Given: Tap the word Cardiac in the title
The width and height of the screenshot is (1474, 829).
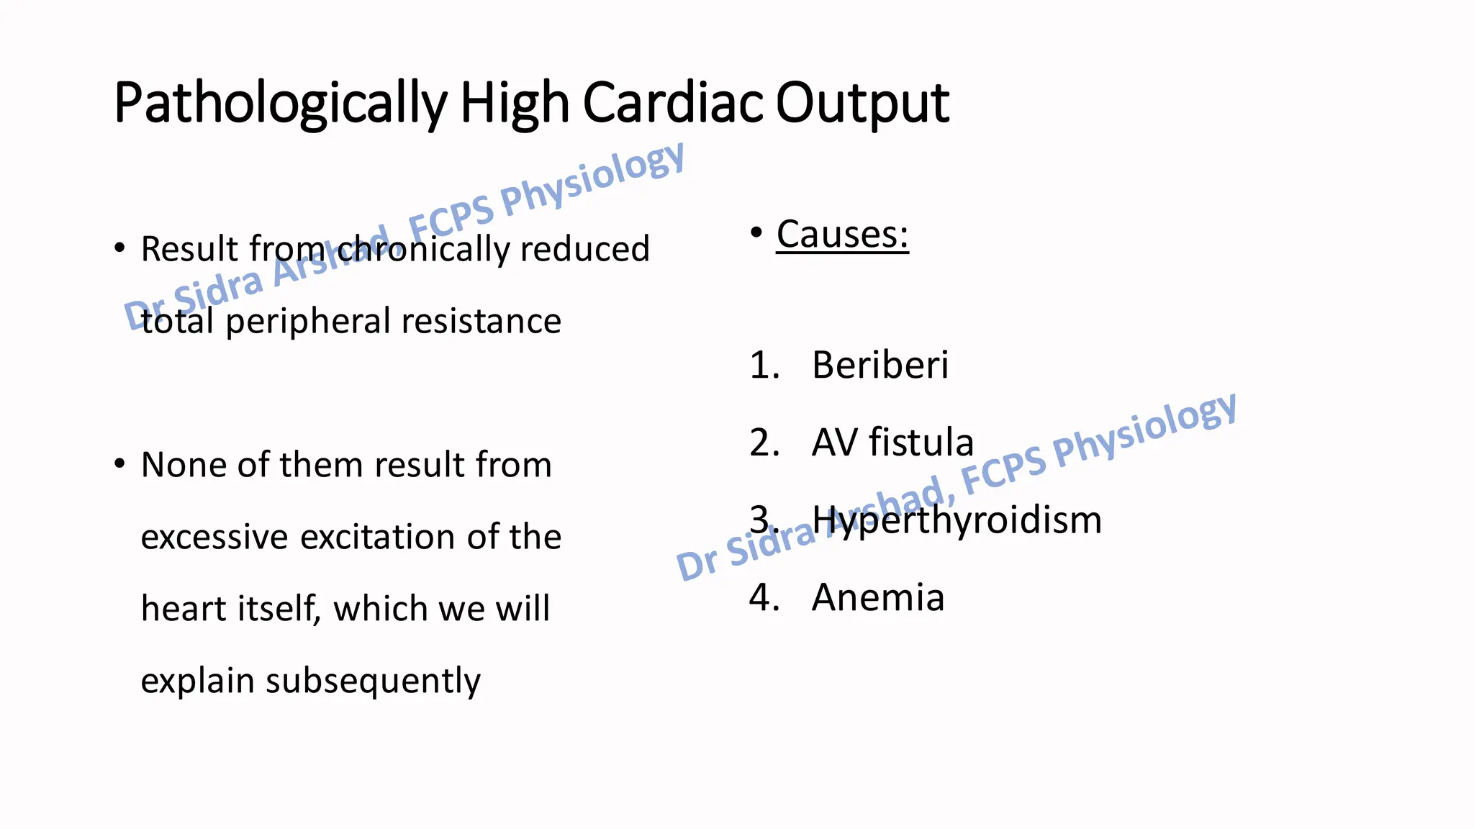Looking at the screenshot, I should [x=674, y=103].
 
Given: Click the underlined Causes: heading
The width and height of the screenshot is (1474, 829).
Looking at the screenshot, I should [x=842, y=235].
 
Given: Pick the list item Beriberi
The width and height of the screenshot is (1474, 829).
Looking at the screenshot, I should [x=880, y=365].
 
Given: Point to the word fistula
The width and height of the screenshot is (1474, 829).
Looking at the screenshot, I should [x=921, y=442].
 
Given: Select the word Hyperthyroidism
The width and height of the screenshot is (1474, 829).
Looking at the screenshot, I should [x=957, y=520].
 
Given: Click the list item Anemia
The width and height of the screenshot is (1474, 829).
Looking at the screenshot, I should [x=877, y=597].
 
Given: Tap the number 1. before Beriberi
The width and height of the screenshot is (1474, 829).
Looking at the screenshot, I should [x=764, y=365].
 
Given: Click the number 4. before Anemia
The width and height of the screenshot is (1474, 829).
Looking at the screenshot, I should [x=764, y=597].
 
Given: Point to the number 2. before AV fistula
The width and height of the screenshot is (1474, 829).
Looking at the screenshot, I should [x=764, y=442].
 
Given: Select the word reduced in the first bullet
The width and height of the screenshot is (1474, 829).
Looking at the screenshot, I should [x=584, y=249].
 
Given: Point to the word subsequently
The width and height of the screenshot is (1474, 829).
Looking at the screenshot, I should [x=373, y=681].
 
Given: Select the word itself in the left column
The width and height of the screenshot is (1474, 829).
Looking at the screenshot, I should [x=280, y=609].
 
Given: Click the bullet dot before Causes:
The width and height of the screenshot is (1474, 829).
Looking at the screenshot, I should [x=756, y=232].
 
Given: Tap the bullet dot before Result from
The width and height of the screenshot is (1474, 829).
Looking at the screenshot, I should [x=119, y=248].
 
